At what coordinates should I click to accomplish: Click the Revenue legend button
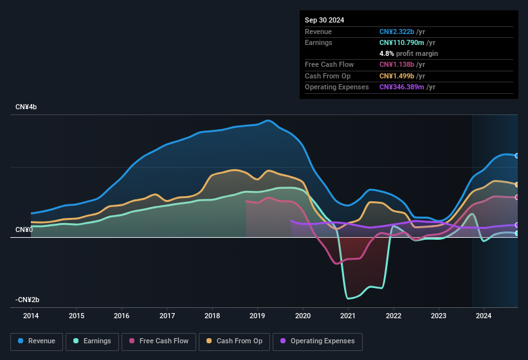37,341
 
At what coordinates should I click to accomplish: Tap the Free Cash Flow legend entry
158,341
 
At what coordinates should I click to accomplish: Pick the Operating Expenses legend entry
318,341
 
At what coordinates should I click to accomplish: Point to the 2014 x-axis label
31,316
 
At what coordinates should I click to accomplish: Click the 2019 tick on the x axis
257,316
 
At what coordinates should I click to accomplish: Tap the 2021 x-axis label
348,316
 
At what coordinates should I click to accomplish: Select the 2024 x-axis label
484,316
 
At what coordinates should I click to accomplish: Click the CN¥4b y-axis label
26,107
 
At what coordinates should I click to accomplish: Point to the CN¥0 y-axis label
24,230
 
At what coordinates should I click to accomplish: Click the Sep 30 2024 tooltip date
325,20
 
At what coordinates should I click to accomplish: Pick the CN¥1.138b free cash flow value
397,64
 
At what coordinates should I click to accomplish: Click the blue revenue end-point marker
517,156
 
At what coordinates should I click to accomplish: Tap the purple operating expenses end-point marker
517,225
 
